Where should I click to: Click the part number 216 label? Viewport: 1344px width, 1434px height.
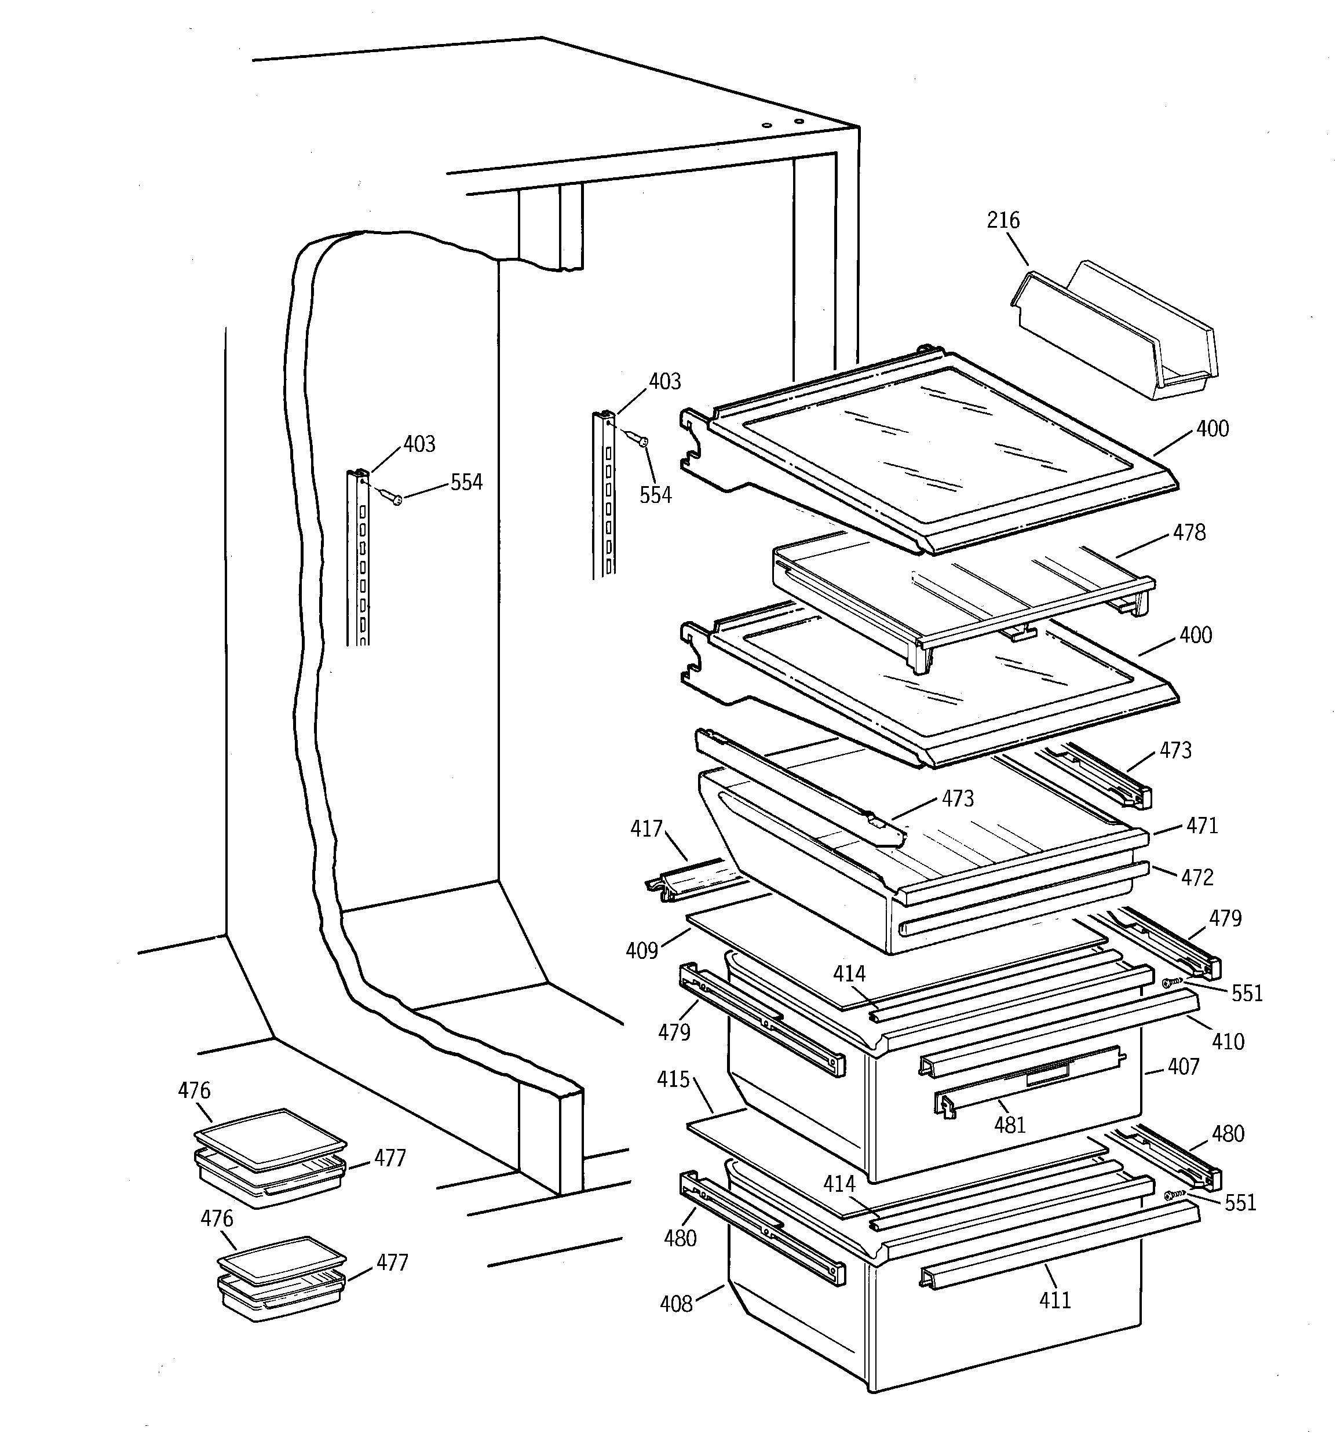click(x=1003, y=220)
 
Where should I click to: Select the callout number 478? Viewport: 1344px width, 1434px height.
click(x=1189, y=532)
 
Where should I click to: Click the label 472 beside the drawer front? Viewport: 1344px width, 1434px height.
click(x=1197, y=877)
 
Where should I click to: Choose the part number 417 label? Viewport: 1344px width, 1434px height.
click(x=647, y=830)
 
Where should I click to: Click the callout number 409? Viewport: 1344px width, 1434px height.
click(x=641, y=951)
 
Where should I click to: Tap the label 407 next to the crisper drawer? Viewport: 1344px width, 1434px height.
click(x=1183, y=1067)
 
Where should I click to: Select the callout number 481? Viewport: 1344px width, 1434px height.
click(x=1009, y=1125)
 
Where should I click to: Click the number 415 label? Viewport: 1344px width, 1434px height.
click(x=673, y=1080)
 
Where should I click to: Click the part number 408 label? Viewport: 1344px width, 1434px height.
click(x=676, y=1304)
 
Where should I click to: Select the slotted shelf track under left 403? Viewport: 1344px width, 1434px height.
click(x=360, y=563)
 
